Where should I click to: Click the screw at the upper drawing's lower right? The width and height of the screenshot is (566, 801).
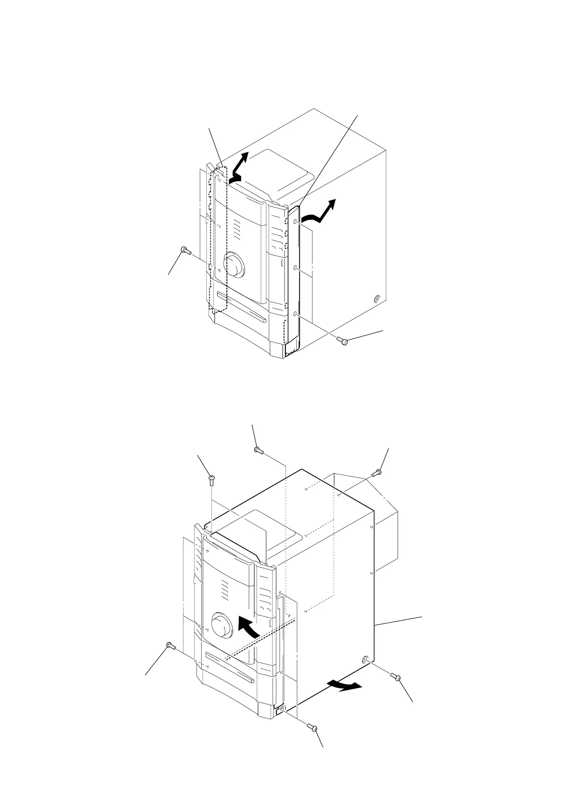click(x=344, y=340)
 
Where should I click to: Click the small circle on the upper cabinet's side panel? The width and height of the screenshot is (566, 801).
click(x=376, y=299)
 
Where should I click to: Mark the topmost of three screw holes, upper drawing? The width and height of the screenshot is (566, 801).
click(x=296, y=222)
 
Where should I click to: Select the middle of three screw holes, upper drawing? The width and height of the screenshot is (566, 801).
click(x=296, y=268)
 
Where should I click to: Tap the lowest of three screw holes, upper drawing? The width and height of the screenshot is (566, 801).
click(x=296, y=314)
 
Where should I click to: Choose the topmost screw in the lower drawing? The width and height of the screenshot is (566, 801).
click(x=258, y=449)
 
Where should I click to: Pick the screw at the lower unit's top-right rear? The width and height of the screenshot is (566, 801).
click(x=376, y=473)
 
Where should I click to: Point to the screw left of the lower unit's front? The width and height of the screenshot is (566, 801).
click(x=171, y=645)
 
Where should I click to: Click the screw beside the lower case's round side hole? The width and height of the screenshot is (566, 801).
click(x=396, y=677)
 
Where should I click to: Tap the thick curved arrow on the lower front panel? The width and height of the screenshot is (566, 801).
click(x=249, y=627)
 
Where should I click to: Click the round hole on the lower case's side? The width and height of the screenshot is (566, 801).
click(x=366, y=660)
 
